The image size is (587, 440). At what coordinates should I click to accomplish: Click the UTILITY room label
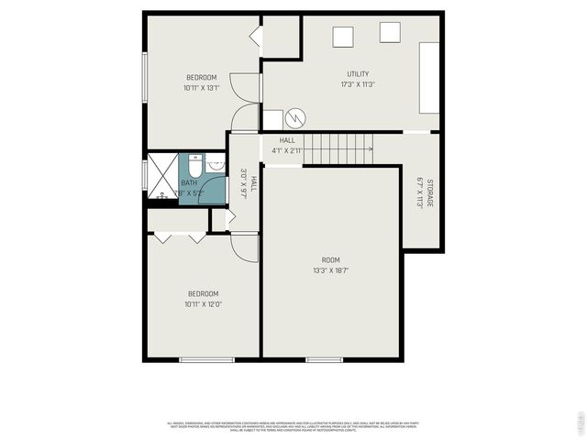(359, 74)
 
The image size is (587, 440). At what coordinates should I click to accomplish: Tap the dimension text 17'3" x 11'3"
(359, 85)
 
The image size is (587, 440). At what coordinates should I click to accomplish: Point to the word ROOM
(330, 259)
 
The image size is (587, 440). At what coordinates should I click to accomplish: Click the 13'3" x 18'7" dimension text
(330, 270)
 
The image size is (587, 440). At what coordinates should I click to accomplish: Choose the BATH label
(188, 182)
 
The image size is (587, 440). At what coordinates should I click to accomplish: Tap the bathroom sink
(216, 165)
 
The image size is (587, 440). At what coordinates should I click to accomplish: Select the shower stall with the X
(162, 175)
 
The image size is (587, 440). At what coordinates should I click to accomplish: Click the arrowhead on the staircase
(371, 148)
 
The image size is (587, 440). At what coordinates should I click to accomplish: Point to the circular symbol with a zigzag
(295, 118)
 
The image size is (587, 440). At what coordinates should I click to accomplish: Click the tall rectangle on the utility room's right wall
(429, 78)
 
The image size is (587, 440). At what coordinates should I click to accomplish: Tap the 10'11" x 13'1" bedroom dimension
(201, 88)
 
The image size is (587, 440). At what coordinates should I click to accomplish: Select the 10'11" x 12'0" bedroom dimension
(203, 304)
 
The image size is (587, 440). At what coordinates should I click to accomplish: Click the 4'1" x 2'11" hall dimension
(286, 150)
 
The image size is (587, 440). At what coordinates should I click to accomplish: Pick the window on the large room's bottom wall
(324, 359)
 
